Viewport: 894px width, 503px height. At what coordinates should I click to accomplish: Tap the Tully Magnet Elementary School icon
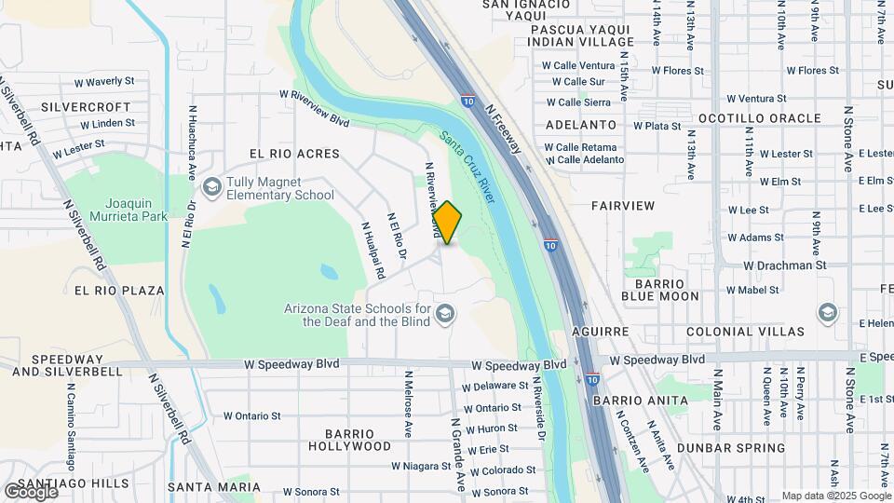tap(212, 188)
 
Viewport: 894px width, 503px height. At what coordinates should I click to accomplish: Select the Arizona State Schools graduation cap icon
tap(443, 314)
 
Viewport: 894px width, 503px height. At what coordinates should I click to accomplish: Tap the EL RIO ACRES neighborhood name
tap(293, 153)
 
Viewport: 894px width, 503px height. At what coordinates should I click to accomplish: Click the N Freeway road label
tap(507, 128)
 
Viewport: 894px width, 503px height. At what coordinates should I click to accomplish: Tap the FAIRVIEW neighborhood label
tap(623, 205)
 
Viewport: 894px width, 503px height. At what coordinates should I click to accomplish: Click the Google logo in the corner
tap(31, 491)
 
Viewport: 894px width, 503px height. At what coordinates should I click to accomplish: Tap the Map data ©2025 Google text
tap(835, 496)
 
